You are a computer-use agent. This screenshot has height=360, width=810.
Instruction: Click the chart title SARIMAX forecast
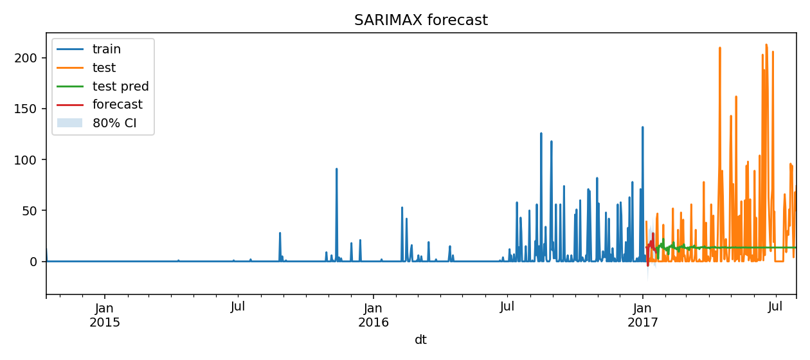pyautogui.click(x=421, y=21)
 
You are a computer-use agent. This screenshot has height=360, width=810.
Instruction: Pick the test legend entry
pyautogui.click(x=104, y=67)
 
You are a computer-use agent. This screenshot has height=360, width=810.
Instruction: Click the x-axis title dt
pyautogui.click(x=420, y=340)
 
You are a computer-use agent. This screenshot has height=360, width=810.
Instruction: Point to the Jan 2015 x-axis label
pyautogui.click(x=105, y=314)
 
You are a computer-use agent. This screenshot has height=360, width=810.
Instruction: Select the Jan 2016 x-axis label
pyautogui.click(x=373, y=314)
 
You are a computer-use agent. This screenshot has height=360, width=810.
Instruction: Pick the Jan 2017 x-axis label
pyautogui.click(x=643, y=314)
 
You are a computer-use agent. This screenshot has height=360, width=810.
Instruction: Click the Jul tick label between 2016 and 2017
pyautogui.click(x=507, y=307)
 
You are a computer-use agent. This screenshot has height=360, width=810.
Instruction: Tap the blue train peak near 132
pyautogui.click(x=642, y=127)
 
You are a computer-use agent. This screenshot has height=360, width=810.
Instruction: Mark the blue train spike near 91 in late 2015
pyautogui.click(x=336, y=169)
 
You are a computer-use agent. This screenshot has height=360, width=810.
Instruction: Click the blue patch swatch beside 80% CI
pyautogui.click(x=69, y=123)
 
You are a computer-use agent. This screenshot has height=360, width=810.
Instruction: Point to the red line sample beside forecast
pyautogui.click(x=69, y=104)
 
